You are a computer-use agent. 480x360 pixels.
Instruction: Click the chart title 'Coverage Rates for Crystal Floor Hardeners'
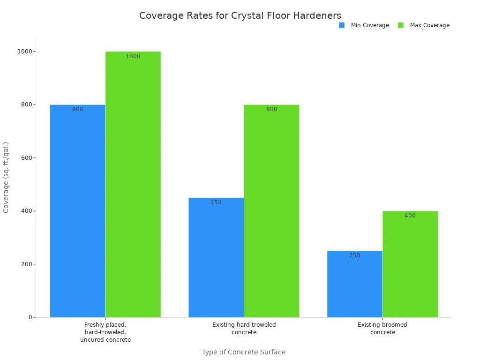pyautogui.click(x=240, y=15)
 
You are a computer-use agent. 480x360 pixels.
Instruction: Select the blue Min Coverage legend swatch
pyautogui.click(x=342, y=25)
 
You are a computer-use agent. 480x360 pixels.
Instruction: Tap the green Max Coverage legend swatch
pyautogui.click(x=401, y=25)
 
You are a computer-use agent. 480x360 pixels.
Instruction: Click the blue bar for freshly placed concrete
pyautogui.click(x=77, y=211)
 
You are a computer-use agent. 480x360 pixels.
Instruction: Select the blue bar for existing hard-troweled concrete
pyautogui.click(x=216, y=257)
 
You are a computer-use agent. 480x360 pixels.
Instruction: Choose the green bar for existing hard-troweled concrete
pyautogui.click(x=271, y=211)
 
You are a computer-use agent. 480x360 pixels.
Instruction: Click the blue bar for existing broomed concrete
pyautogui.click(x=354, y=284)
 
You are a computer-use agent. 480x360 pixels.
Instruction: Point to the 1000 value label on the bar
pyautogui.click(x=133, y=56)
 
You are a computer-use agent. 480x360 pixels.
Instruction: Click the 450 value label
pyautogui.click(x=216, y=202)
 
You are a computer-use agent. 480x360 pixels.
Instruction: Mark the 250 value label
pyautogui.click(x=354, y=255)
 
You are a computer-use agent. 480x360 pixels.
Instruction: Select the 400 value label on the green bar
pyautogui.click(x=410, y=216)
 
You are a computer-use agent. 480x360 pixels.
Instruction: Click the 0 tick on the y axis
pyautogui.click(x=30, y=317)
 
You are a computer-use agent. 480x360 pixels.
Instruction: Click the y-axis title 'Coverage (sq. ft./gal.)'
pyautogui.click(x=6, y=177)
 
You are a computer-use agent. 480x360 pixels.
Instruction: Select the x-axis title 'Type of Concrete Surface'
pyautogui.click(x=244, y=352)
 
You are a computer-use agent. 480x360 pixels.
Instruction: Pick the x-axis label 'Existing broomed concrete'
pyautogui.click(x=382, y=329)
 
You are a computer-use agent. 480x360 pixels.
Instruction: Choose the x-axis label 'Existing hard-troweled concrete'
pyautogui.click(x=244, y=329)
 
